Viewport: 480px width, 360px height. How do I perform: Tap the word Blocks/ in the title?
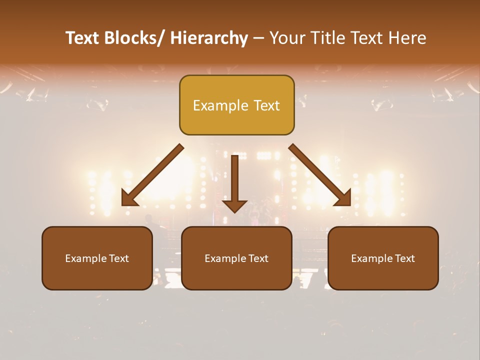(134, 38)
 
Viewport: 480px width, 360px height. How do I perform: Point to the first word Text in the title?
(83, 38)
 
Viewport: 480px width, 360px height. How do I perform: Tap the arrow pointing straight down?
(235, 180)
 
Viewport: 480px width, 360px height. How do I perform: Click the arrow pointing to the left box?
(152, 175)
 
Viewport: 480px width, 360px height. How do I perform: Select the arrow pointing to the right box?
(320, 175)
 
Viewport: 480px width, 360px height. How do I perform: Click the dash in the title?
(258, 39)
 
